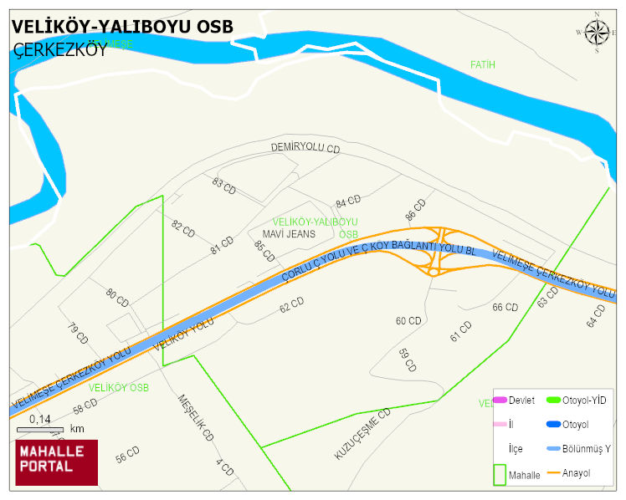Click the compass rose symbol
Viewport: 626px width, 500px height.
click(597, 32)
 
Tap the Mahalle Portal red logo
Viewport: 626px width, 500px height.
click(57, 462)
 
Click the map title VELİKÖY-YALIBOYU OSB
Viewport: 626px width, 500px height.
click(122, 26)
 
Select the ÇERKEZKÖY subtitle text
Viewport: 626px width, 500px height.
click(60, 49)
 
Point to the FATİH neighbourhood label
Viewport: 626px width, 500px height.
click(483, 64)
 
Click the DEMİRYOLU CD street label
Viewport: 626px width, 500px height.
click(305, 148)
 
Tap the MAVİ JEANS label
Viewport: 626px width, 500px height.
click(289, 234)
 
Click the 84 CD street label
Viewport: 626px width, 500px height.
click(347, 202)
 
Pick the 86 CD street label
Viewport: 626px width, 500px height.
click(415, 210)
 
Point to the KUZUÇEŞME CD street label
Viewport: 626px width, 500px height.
click(362, 434)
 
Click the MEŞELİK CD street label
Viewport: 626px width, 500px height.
click(196, 418)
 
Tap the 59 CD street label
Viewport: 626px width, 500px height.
click(407, 360)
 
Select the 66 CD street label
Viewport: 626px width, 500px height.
click(505, 308)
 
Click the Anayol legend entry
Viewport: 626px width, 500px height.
click(575, 473)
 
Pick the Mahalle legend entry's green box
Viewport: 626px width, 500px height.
click(499, 474)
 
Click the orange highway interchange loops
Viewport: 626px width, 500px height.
click(435, 251)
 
